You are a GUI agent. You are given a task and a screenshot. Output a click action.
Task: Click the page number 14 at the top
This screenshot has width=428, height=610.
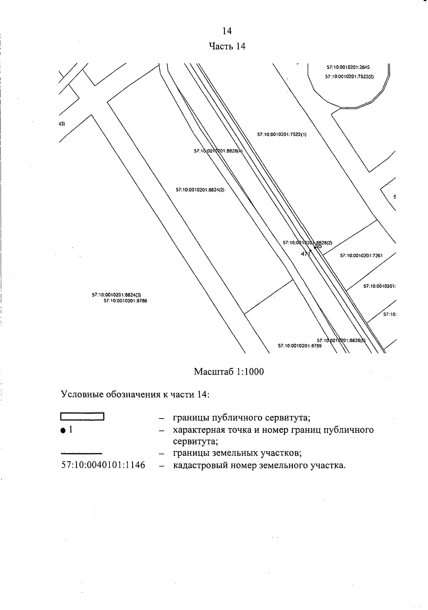227,31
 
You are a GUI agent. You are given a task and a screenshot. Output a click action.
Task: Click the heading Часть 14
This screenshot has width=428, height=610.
227,46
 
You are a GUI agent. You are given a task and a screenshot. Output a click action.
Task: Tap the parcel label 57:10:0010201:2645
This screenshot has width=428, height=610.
348,67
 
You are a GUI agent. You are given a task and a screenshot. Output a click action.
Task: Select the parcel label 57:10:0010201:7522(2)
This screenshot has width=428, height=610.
349,76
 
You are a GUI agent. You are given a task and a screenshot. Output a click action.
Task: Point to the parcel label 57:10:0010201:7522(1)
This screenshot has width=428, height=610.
282,134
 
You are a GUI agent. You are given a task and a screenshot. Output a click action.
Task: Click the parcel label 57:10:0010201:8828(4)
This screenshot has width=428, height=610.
218,151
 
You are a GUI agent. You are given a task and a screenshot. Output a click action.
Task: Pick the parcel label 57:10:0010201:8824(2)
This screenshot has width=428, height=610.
200,190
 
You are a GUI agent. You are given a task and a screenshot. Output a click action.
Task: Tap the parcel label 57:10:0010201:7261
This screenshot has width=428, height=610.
361,255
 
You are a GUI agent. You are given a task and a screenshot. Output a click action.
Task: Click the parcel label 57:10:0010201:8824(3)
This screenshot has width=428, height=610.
117,295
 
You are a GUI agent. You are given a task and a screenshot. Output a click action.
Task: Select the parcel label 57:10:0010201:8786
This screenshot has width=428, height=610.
125,301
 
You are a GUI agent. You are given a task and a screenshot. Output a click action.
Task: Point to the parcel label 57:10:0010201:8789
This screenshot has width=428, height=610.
300,345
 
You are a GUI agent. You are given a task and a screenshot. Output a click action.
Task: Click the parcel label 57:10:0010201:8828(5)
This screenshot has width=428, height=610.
341,340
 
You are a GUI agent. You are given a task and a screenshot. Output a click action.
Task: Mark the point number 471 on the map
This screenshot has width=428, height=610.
306,254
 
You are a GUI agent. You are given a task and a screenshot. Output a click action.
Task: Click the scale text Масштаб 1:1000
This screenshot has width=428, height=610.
229,372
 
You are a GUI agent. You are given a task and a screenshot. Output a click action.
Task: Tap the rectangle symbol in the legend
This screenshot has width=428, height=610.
82,417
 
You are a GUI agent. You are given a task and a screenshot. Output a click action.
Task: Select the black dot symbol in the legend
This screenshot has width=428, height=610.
63,431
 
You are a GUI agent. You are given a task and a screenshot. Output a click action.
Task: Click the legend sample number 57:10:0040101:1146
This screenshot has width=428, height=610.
103,465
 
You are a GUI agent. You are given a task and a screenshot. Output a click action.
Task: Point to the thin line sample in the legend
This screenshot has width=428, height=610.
82,453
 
